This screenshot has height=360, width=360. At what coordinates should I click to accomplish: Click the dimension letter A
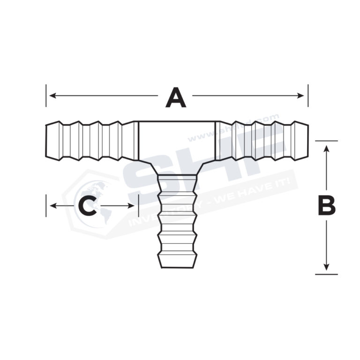(176, 97)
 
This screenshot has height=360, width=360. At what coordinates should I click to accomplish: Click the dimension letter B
(327, 206)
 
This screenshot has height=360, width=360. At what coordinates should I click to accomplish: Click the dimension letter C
(87, 206)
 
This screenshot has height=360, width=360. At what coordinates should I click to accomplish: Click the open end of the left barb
(46, 141)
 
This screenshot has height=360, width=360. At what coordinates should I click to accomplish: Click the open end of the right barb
(307, 141)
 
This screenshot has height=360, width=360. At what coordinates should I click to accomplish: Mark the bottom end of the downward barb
(177, 267)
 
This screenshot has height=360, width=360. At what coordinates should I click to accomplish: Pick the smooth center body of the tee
(177, 141)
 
